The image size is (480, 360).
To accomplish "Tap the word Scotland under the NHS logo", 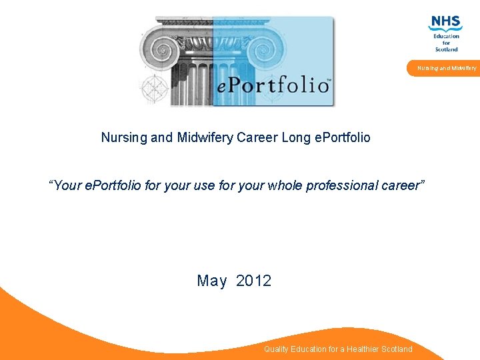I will pyautogui.click(x=447, y=49).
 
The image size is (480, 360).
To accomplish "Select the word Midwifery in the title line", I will pyautogui.click(x=201, y=138).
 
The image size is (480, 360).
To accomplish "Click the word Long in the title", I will pyautogui.click(x=295, y=138).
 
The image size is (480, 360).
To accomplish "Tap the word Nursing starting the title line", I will pyautogui.click(x=123, y=138).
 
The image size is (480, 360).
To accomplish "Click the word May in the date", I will pyautogui.click(x=212, y=281).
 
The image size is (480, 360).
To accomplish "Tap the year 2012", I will pyautogui.click(x=254, y=281).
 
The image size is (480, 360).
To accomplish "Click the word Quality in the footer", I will pyautogui.click(x=277, y=349).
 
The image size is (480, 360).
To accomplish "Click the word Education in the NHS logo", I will pyautogui.click(x=447, y=36).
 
